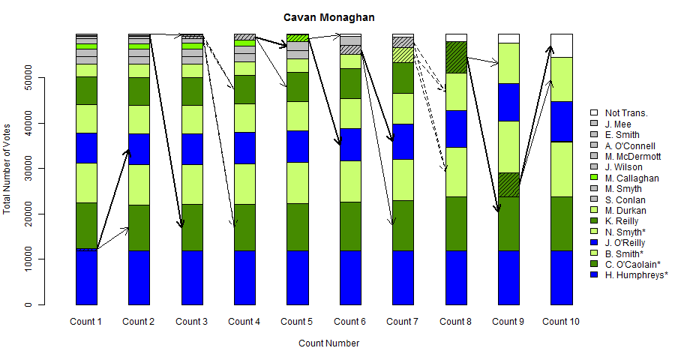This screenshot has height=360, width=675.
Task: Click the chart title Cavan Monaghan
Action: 328,17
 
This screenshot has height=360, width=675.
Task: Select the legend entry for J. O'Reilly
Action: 625,243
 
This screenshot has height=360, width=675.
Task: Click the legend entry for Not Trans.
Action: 625,113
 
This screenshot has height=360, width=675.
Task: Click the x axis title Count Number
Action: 328,343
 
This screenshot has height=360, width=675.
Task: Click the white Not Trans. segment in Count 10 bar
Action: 562,45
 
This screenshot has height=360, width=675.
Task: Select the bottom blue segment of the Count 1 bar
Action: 86,277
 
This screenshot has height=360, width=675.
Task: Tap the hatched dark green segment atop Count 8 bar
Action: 456,57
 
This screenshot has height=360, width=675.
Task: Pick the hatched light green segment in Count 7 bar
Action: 403,55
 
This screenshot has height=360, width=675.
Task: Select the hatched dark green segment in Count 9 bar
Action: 509,184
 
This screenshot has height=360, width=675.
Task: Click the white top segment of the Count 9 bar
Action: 509,38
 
